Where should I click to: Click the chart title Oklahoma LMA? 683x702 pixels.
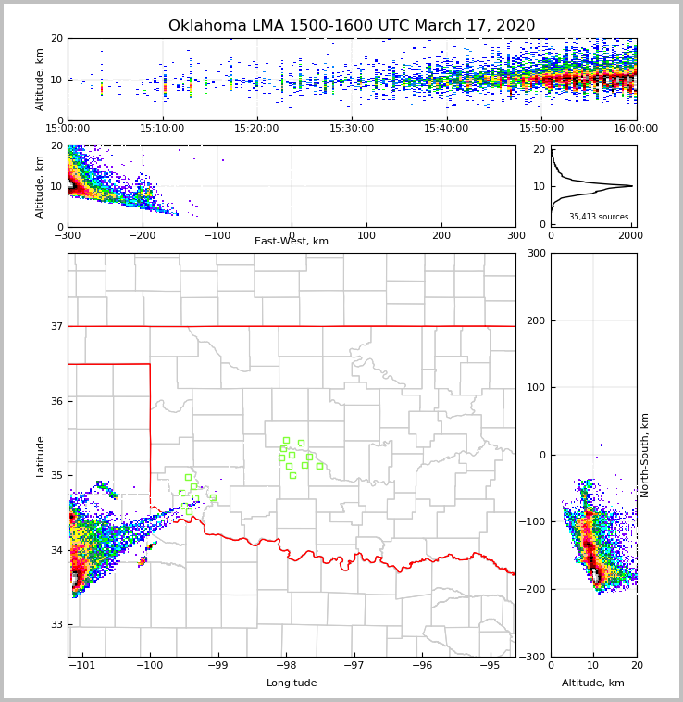click(x=352, y=26)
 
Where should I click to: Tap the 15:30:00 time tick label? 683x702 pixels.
click(x=352, y=129)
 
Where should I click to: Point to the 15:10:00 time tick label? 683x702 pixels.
click(x=162, y=129)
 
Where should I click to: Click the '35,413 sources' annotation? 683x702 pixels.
click(x=599, y=217)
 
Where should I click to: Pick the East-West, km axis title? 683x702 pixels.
click(x=292, y=242)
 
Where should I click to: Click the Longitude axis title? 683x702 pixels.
click(x=292, y=683)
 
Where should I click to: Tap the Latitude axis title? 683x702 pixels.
click(x=41, y=456)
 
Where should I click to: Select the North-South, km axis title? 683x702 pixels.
click(x=645, y=455)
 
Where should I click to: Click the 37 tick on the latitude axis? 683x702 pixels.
click(x=56, y=326)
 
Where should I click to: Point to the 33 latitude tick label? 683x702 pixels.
click(x=56, y=625)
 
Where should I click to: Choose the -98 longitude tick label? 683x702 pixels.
click(x=286, y=665)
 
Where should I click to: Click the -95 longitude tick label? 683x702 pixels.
click(x=491, y=665)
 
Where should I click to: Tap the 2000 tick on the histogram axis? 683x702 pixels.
click(x=630, y=235)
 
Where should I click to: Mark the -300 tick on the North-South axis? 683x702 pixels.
click(x=532, y=657)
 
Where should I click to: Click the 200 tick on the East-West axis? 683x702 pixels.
click(x=441, y=235)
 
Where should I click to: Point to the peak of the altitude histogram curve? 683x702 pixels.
click(x=632, y=186)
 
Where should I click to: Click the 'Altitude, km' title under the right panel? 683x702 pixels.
click(x=593, y=683)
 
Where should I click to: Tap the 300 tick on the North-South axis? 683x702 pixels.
click(x=535, y=253)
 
